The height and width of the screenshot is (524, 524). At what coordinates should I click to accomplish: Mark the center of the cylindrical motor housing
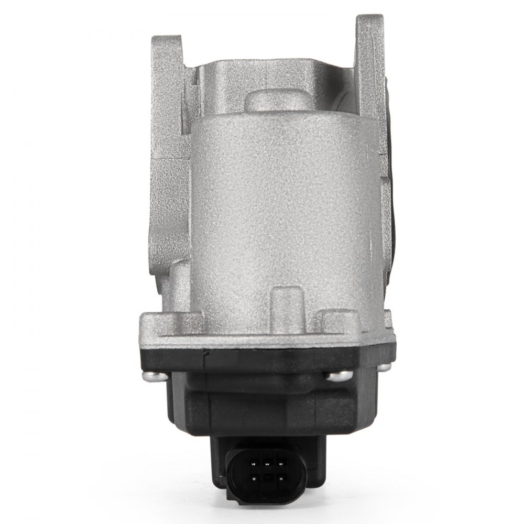coord(283,210)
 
